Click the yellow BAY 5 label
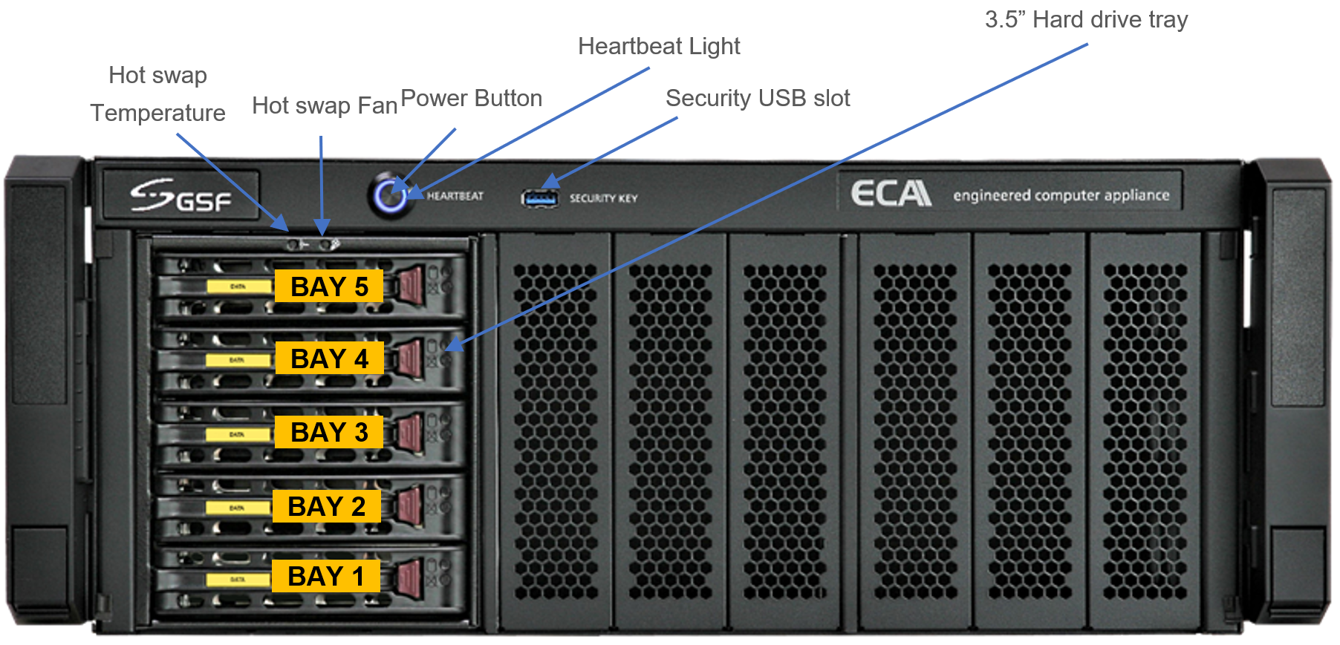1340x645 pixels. [x=328, y=287]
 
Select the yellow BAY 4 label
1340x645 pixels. [x=328, y=358]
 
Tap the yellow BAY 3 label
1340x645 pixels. [x=328, y=432]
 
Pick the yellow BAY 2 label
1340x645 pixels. [x=326, y=506]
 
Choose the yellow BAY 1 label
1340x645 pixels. [x=325, y=576]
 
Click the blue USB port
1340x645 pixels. [x=539, y=198]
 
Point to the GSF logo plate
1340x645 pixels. [x=181, y=195]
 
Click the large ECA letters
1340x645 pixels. [x=891, y=194]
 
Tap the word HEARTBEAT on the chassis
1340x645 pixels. [x=455, y=196]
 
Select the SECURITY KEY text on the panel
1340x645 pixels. [x=603, y=198]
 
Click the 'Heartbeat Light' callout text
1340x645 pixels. [x=659, y=47]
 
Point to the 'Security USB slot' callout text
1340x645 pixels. [x=758, y=98]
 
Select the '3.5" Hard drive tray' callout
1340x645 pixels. [x=1086, y=20]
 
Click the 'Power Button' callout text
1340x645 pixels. [x=471, y=98]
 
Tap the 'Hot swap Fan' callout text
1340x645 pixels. [x=325, y=105]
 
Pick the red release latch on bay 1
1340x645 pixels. [x=409, y=577]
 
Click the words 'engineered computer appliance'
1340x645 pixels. [x=1061, y=195]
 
